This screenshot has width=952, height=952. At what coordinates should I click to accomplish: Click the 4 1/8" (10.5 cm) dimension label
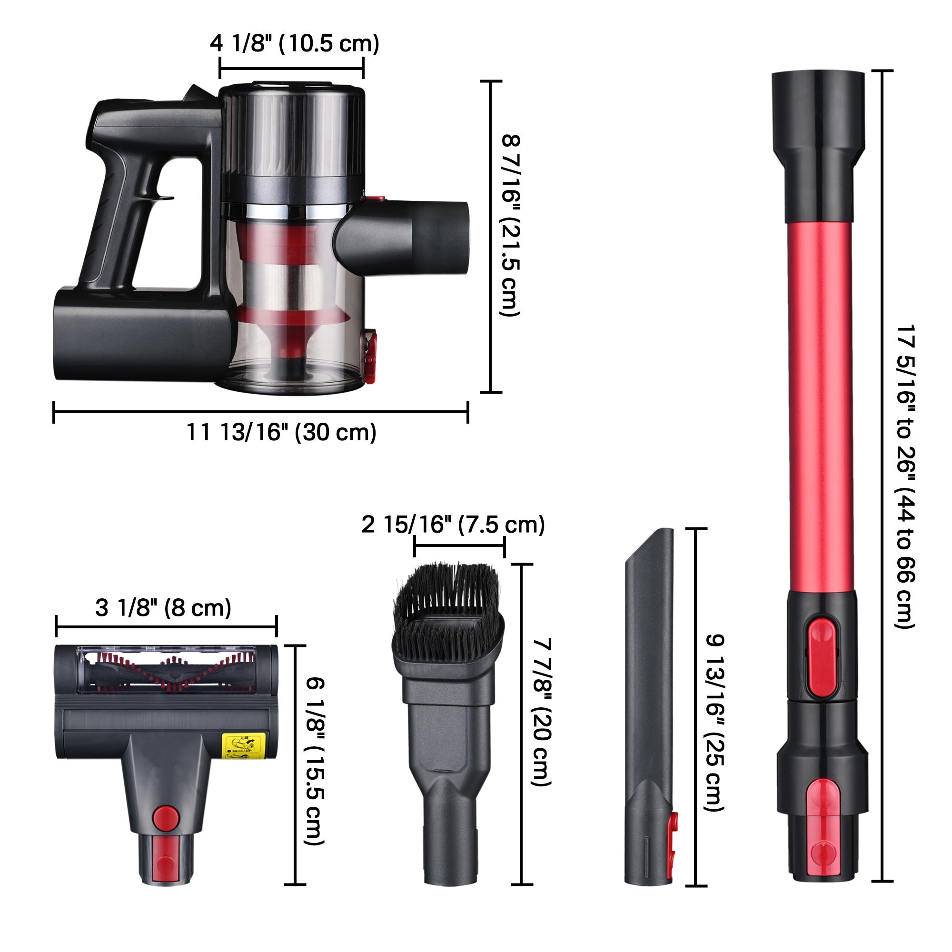(x=295, y=44)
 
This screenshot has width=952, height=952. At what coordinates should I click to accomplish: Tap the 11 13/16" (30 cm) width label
(x=281, y=432)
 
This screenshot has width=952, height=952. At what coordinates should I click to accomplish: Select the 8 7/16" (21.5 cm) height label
(x=510, y=225)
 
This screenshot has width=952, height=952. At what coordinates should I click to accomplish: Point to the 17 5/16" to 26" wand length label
(x=905, y=476)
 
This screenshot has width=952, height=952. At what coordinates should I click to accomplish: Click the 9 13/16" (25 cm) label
(x=715, y=723)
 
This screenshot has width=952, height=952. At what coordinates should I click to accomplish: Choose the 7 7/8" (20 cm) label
(x=542, y=712)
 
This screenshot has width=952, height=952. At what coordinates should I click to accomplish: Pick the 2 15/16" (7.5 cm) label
(x=453, y=524)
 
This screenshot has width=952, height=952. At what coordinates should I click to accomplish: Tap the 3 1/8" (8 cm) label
(x=163, y=607)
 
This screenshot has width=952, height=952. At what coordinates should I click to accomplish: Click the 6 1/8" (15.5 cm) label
(x=316, y=761)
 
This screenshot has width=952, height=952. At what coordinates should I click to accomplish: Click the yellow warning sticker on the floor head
(x=244, y=745)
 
